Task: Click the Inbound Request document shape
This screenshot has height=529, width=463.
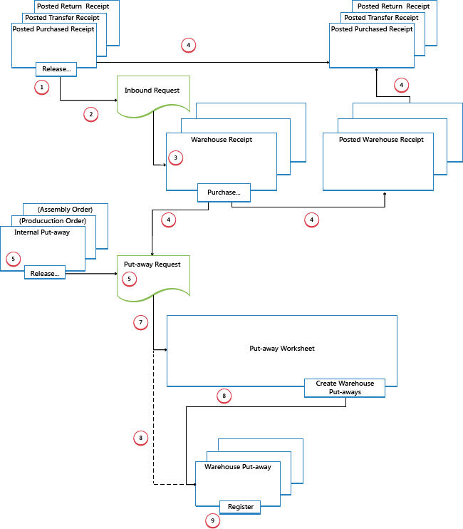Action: click(153, 96)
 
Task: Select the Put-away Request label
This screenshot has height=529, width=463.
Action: click(147, 264)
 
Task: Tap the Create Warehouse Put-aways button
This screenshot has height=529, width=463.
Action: click(344, 388)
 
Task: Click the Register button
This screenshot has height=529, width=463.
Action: click(240, 507)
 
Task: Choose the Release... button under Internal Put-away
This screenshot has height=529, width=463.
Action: click(45, 272)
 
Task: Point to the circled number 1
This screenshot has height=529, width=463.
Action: click(42, 87)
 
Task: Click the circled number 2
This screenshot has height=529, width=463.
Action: click(90, 114)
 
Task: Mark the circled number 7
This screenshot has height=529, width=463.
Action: click(141, 323)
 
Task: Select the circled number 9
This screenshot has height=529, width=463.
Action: click(212, 521)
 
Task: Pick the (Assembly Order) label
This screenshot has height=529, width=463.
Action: click(65, 209)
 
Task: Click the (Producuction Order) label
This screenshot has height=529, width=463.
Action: click(54, 220)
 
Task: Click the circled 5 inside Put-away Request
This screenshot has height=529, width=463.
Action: click(130, 279)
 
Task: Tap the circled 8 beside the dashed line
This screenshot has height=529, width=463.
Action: click(140, 438)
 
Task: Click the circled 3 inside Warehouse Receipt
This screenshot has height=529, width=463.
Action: click(177, 156)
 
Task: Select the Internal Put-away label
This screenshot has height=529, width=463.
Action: click(42, 232)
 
